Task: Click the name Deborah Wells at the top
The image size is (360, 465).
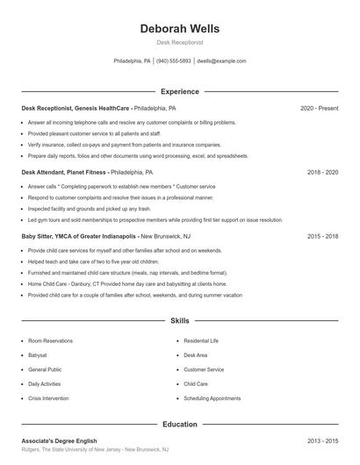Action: pos(180,29)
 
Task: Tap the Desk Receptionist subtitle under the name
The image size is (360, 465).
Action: pos(180,42)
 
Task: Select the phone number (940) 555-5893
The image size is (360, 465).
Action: pos(174,61)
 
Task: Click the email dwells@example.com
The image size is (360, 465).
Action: pos(221,61)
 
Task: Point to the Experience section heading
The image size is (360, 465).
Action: pos(180,91)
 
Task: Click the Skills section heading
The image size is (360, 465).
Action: pos(180,321)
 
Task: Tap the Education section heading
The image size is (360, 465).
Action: pos(180,424)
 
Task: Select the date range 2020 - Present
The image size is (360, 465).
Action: pos(319,108)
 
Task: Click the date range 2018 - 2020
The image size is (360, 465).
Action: pos(322,173)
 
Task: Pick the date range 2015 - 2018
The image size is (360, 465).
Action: pos(322,237)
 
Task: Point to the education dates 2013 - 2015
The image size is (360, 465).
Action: pos(322,440)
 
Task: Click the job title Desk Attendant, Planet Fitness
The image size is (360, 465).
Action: pos(64,173)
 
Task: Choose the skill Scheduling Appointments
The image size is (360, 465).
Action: pos(212,398)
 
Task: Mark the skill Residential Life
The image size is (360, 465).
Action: pos(201,340)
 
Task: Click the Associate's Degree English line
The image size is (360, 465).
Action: pos(59,440)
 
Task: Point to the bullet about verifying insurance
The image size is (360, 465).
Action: pos(124,145)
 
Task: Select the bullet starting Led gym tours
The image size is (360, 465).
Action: pos(155,220)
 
